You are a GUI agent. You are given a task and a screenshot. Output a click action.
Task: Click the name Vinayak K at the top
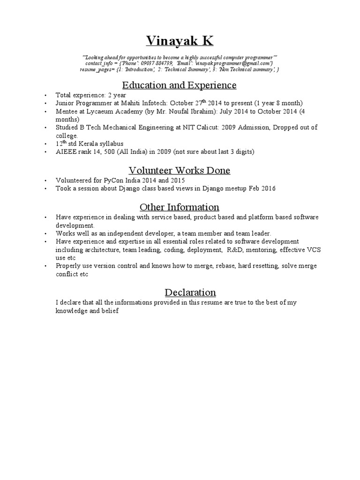180,42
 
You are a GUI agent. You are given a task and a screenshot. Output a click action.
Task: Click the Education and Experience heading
180,85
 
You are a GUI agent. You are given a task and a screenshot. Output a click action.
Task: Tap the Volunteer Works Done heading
180,170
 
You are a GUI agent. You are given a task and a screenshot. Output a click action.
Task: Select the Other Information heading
180,207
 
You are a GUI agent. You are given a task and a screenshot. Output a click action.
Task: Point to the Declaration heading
190,292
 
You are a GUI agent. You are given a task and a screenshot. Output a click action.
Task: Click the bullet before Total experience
45,95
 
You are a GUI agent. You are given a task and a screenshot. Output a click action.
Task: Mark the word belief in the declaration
116,311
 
